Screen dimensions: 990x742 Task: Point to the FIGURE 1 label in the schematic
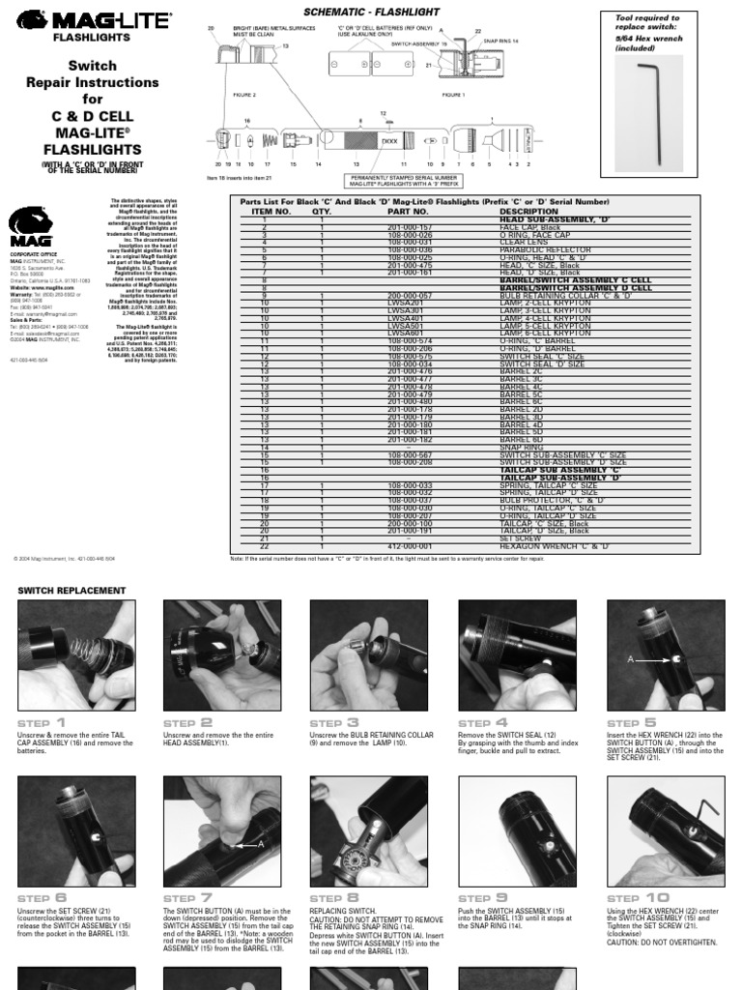click(x=453, y=95)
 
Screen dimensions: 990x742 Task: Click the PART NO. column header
click(x=407, y=211)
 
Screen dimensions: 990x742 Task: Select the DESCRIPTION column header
click(x=528, y=211)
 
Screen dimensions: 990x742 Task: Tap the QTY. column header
click(x=322, y=211)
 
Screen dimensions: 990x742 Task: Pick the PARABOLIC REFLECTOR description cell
click(x=541, y=249)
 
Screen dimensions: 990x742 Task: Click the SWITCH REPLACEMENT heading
click(x=72, y=590)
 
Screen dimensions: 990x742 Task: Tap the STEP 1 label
click(x=42, y=722)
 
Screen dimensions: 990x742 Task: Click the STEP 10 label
click(x=637, y=897)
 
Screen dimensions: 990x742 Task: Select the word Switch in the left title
click(x=92, y=66)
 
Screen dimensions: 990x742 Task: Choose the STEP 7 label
click(x=187, y=897)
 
